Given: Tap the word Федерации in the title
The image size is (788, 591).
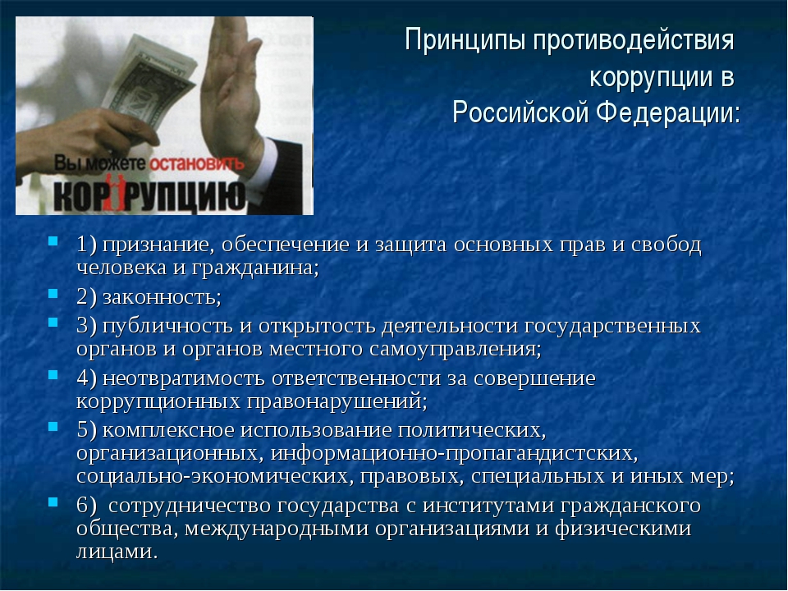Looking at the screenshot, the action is pos(668,112).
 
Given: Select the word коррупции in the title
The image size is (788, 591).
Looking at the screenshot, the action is pos(651,77).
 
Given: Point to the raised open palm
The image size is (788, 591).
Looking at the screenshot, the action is pos(231,90).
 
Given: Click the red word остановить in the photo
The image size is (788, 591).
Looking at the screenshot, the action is pos(196,163).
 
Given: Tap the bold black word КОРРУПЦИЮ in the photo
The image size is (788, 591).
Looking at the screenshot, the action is pos(149,195).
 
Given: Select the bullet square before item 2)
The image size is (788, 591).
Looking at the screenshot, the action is pos(53,294).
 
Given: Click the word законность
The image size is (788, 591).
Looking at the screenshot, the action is pos(162,297).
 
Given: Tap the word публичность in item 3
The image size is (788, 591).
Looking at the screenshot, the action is pos(167,327).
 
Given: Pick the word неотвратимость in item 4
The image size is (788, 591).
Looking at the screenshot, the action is pos(183,378).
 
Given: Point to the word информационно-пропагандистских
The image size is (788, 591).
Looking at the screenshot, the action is pos(454,454).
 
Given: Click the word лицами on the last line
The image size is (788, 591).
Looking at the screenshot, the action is pos(117,552).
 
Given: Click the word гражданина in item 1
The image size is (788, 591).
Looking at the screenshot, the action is pos(255,268).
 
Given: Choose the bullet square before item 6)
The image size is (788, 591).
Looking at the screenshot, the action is pos(53,502).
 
